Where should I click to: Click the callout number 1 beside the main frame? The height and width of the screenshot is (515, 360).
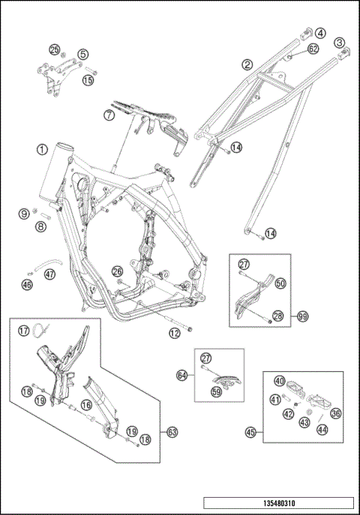(x=42, y=150)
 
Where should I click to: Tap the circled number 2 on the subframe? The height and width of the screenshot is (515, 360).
(x=247, y=64)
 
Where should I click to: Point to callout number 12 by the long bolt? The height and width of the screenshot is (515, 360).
(x=175, y=334)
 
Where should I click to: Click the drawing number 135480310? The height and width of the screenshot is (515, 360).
(x=279, y=503)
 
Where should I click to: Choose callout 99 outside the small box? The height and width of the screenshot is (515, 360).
(x=303, y=316)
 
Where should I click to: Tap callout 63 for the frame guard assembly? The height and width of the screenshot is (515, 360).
(x=172, y=433)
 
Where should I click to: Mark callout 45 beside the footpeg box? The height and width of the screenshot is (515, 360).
(x=250, y=433)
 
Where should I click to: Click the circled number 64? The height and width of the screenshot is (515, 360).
(x=182, y=375)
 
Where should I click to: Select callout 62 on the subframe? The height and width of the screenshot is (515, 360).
(x=313, y=49)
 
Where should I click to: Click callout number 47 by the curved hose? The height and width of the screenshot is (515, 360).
(x=50, y=274)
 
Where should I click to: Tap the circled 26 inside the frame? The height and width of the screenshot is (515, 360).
(x=117, y=271)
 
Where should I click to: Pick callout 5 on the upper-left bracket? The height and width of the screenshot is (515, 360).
(x=83, y=54)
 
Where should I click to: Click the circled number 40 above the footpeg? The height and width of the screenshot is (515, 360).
(x=280, y=381)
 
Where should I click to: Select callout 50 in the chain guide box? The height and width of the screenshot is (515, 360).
(x=280, y=283)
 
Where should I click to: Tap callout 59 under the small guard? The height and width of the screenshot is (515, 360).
(x=216, y=392)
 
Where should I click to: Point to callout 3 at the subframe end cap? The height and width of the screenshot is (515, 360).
(x=340, y=43)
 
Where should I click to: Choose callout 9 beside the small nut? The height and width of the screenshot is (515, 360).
(x=24, y=214)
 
